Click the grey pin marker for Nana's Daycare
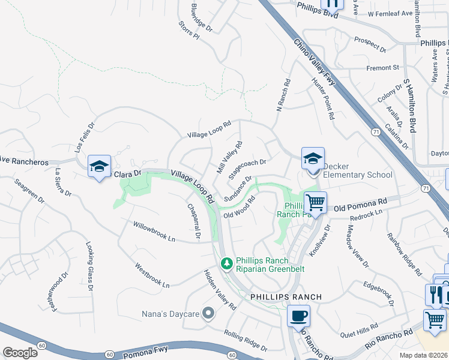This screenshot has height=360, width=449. pyautogui.click(x=208, y=313)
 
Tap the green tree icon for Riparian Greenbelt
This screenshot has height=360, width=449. pyautogui.click(x=226, y=263)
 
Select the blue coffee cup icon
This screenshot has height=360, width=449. pyautogui.click(x=298, y=316)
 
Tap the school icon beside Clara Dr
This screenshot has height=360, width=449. pyautogui.click(x=100, y=166)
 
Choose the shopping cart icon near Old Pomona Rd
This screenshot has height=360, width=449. pyautogui.click(x=315, y=203)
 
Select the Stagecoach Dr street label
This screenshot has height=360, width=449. pyautogui.click(x=247, y=166)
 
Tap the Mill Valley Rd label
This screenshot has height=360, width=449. pyautogui.click(x=229, y=157)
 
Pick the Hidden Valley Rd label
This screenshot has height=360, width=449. pyautogui.click(x=219, y=290)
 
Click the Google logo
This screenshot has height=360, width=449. pyautogui.click(x=20, y=353)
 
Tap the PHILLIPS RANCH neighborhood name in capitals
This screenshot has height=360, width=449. pyautogui.click(x=286, y=297)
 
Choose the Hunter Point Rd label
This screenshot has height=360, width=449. pyautogui.click(x=322, y=98)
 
